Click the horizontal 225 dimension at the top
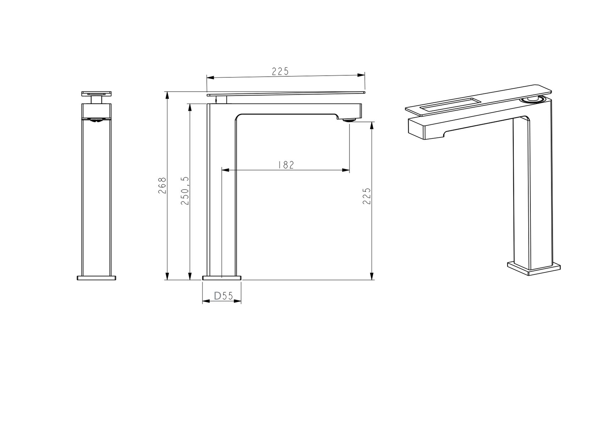pos(280,71)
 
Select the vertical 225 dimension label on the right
pos(367,196)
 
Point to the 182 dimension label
pos(286,165)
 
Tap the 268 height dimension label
pos(162,185)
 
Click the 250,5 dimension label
pos(185,190)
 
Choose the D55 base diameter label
pos(223,296)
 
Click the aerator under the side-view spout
pos(349,120)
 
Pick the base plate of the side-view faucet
pos(222,278)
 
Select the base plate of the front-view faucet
pos(96,278)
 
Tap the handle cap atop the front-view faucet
pos(96,94)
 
